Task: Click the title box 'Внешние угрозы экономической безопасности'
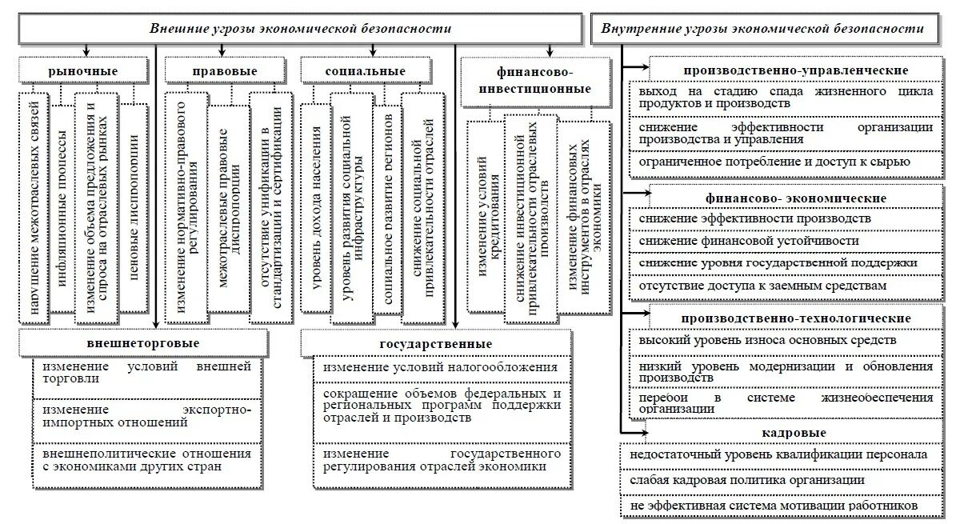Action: coord(300,29)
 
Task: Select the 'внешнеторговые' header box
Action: coord(142,343)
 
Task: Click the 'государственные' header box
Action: coord(436,343)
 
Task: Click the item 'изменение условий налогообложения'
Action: coord(436,367)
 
